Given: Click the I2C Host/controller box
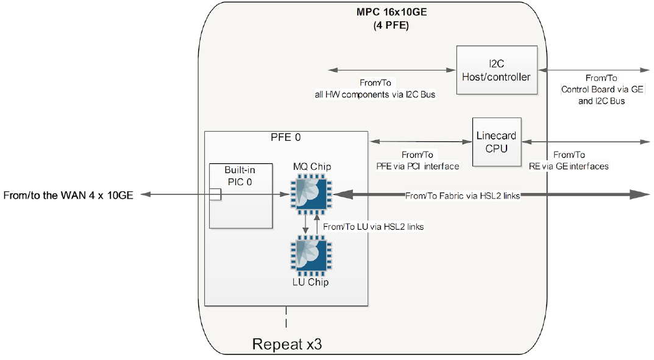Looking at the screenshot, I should [x=497, y=70].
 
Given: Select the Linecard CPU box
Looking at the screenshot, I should [x=497, y=142].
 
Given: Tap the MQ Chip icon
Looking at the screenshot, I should [x=311, y=194].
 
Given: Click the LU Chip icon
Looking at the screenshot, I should [x=311, y=256].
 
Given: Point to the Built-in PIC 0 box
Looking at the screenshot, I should [x=240, y=195].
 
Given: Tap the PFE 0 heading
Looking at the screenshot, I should [x=285, y=138].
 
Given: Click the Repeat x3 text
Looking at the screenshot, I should [x=286, y=344].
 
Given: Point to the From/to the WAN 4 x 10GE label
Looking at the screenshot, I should [x=68, y=195].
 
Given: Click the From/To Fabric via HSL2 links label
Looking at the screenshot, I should [x=462, y=196].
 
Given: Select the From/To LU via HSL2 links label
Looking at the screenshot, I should [x=373, y=227].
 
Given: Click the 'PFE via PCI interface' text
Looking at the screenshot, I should [x=418, y=166].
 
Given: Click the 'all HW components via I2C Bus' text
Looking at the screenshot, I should [x=375, y=94].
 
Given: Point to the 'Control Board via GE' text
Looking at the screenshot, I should [x=602, y=90].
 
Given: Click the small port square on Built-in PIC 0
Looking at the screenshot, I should [x=215, y=194].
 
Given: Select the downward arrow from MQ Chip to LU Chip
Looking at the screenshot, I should [x=306, y=225].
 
